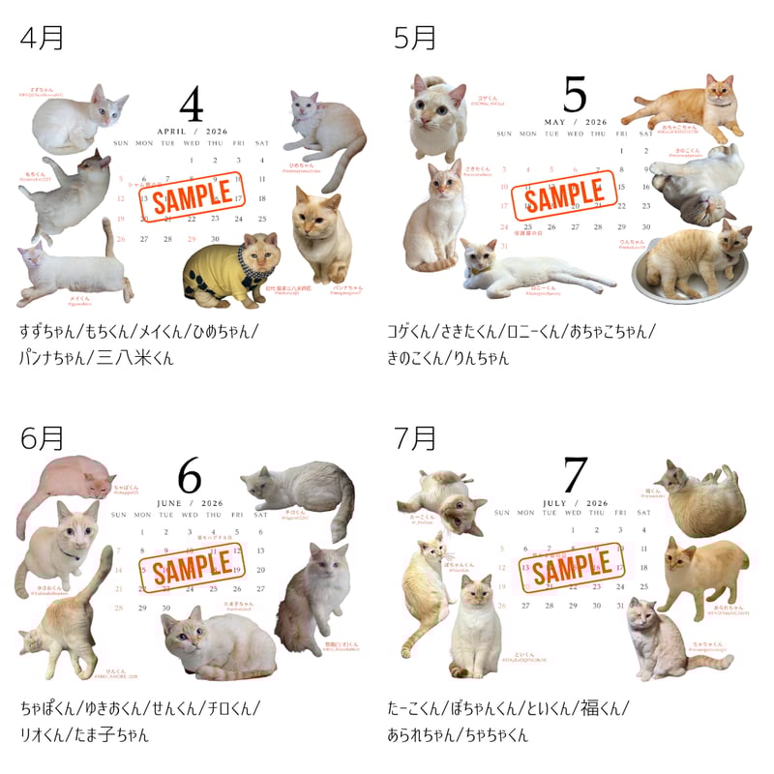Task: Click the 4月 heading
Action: point(42,38)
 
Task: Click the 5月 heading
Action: point(415,38)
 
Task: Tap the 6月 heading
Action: point(42,438)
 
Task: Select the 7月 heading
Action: point(415,438)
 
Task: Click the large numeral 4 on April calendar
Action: point(192,104)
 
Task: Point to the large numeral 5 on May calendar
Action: point(575,95)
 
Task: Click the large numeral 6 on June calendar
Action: point(190,476)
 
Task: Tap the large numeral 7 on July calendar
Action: point(575,475)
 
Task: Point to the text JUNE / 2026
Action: point(190,503)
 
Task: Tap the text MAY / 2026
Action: point(575,122)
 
